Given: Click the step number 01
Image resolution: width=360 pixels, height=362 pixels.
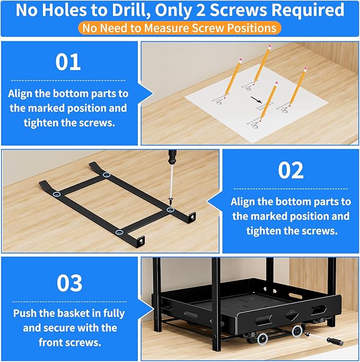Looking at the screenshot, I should [68, 62].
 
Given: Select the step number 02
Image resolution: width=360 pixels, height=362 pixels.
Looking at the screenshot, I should [291, 170].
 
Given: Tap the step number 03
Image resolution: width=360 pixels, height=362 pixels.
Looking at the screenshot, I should [69, 283].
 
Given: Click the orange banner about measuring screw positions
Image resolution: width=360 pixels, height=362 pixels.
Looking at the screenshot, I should [180, 28].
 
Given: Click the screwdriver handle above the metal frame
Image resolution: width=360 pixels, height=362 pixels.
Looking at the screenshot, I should [172, 158].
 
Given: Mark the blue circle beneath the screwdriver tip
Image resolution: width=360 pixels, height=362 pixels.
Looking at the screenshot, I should [171, 210].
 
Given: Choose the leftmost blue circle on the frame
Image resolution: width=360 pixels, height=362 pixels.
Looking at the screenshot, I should [57, 194].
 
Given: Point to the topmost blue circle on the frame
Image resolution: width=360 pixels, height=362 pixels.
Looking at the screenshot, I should [107, 175].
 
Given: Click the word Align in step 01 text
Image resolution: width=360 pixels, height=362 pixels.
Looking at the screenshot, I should [22, 93].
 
